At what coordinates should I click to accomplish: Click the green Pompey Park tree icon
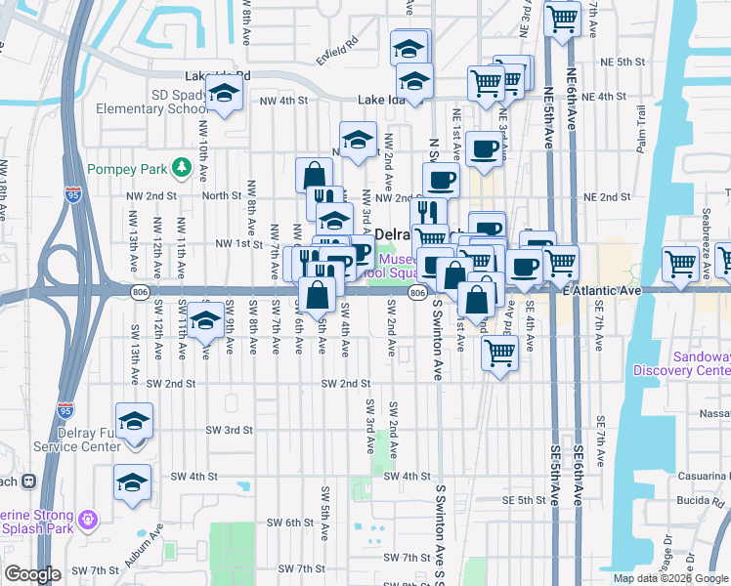pos(181,169)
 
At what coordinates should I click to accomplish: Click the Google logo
pos(33,574)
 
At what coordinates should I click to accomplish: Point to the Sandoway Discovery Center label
pos(682,363)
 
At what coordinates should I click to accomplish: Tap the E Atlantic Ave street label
pos(601,290)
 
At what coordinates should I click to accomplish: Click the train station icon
pos(29,481)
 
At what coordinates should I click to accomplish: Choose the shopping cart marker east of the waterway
pos(680,263)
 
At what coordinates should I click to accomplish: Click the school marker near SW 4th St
pos(132,482)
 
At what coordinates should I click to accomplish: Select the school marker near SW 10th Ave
pos(204,321)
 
